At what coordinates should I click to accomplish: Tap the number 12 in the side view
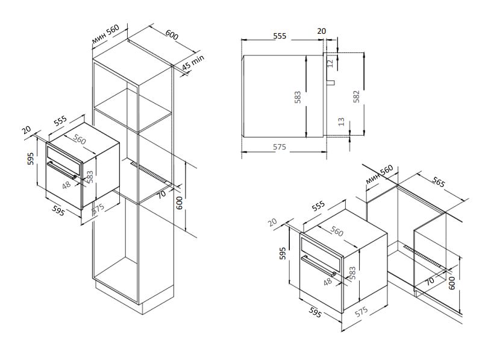coord(330,62)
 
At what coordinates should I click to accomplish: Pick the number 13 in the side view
coord(341,122)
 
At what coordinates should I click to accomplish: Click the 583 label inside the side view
coord(298,97)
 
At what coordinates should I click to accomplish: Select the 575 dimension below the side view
coord(278,147)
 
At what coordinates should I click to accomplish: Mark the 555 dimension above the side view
coord(279,36)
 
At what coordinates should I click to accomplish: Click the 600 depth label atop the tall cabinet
coord(171,36)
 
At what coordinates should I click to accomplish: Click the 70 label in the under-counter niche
coord(428,280)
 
